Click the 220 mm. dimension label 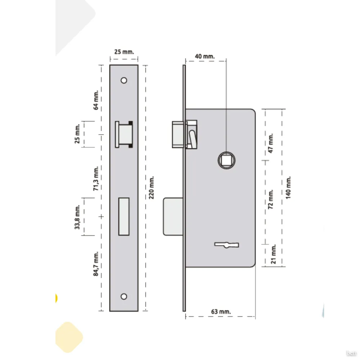coord(151,188)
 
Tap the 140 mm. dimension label coord(288,188)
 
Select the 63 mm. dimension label coord(221,311)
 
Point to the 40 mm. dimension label coord(205,56)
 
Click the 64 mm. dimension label coord(96,100)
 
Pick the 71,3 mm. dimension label coord(96,179)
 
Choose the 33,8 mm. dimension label coord(77,217)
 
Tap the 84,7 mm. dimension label coord(96,264)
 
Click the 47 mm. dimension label coord(271,143)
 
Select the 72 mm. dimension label coord(271,199)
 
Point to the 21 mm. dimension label coord(273,254)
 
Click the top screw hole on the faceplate coord(124,80)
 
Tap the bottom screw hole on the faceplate coord(124,296)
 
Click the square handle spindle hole coord(226,160)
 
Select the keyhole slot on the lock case coord(226,245)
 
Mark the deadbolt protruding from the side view coord(173,216)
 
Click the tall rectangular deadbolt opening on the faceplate coord(124,216)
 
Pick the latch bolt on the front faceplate coord(124,134)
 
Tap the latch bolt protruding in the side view coord(178,134)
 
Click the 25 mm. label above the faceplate coord(124,51)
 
